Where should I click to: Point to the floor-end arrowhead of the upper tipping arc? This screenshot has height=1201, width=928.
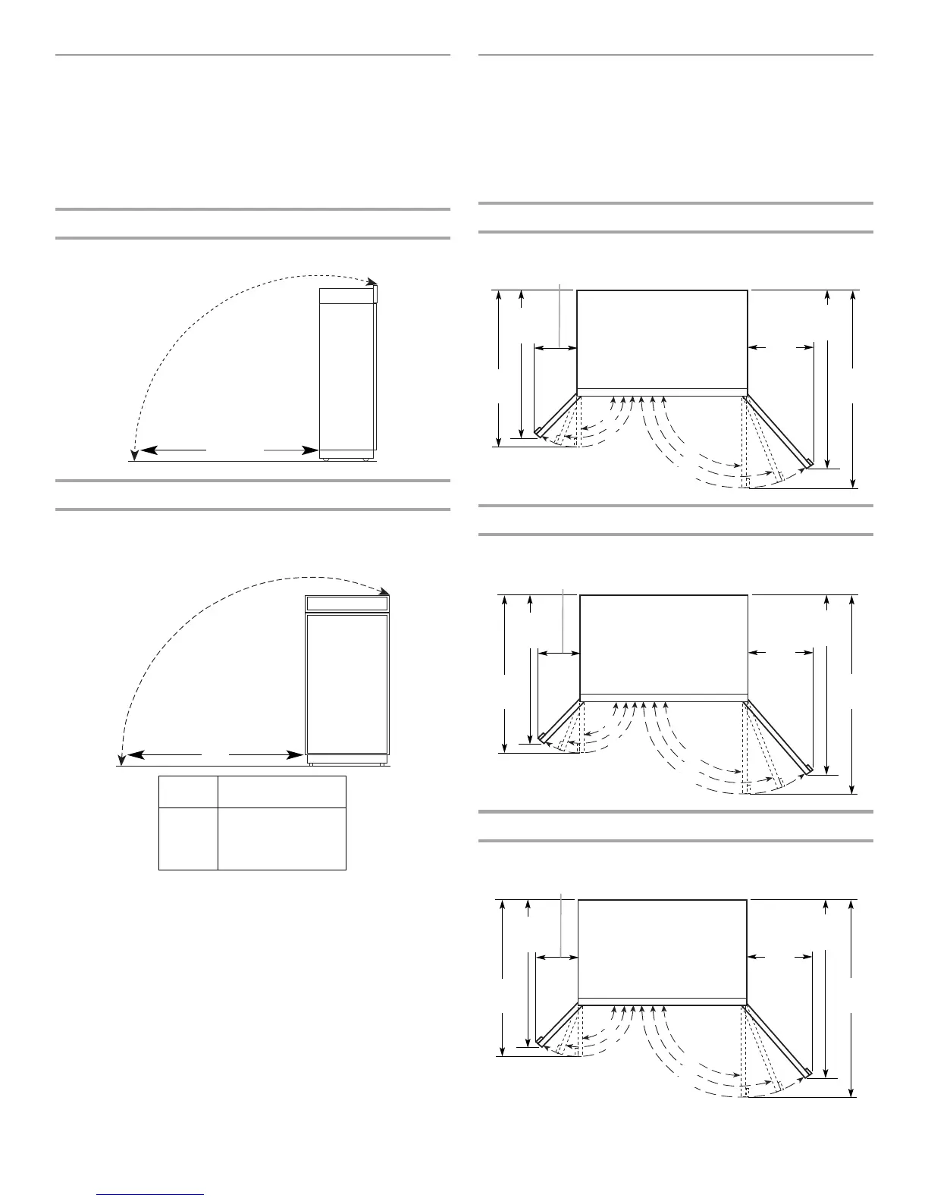(x=133, y=454)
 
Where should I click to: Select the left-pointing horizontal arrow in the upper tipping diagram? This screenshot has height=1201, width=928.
(x=174, y=450)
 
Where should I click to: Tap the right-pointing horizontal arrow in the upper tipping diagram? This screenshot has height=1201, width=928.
(x=292, y=450)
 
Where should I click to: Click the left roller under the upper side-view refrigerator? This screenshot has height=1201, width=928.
(x=325, y=459)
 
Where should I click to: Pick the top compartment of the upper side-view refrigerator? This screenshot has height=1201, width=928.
(x=347, y=296)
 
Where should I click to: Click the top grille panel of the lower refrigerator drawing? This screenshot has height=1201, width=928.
(x=347, y=604)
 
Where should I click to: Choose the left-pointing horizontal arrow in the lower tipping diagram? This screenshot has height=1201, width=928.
(x=163, y=755)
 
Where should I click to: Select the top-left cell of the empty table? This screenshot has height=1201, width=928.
(x=188, y=792)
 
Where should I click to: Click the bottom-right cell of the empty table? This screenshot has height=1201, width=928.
(x=282, y=839)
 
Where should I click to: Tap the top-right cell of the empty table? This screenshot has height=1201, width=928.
(x=282, y=792)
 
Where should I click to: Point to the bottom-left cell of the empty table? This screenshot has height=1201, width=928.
(x=188, y=839)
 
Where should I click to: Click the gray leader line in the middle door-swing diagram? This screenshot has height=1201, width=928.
(x=564, y=618)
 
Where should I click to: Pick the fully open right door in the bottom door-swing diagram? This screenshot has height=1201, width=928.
(x=778, y=1039)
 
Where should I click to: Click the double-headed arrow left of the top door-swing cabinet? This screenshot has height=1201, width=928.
(x=555, y=348)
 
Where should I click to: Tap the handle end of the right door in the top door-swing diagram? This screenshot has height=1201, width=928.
(x=810, y=463)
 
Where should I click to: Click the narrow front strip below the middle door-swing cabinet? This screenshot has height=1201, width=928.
(x=664, y=697)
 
